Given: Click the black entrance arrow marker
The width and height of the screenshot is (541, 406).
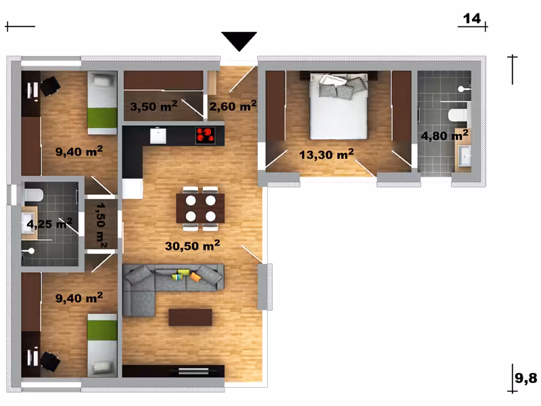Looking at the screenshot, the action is click(239, 41).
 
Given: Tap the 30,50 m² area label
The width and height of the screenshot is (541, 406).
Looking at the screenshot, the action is click(193, 246).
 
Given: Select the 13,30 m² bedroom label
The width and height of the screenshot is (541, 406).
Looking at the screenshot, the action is click(327, 154).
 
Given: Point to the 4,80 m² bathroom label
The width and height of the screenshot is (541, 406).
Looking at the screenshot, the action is click(444, 135).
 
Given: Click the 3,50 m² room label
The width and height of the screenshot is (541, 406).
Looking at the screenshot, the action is click(154, 106).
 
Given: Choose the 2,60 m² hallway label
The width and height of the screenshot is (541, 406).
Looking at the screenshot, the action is click(233, 106).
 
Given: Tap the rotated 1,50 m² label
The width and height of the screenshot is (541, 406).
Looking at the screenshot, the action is click(101, 225).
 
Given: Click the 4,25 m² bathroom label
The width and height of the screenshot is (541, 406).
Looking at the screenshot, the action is click(49, 224).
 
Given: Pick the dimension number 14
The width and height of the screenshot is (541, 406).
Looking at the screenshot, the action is click(471, 18).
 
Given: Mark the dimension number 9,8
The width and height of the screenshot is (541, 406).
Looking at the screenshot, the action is click(526, 378).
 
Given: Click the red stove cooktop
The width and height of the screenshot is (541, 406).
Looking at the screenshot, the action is click(206, 135).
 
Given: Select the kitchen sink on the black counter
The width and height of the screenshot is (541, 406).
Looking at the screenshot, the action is click(158, 136).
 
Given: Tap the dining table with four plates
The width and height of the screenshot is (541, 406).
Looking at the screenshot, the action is click(200, 208).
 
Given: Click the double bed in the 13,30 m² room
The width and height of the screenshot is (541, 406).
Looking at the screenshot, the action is click(339, 106).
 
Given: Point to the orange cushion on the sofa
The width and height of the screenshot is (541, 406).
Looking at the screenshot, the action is click(195, 277).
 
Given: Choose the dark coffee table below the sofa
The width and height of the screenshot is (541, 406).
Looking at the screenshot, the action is click(190, 317).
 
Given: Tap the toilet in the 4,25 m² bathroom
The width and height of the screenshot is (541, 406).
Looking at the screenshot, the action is click(33, 195).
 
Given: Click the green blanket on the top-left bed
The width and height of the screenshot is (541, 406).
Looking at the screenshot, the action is click(102, 118).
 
